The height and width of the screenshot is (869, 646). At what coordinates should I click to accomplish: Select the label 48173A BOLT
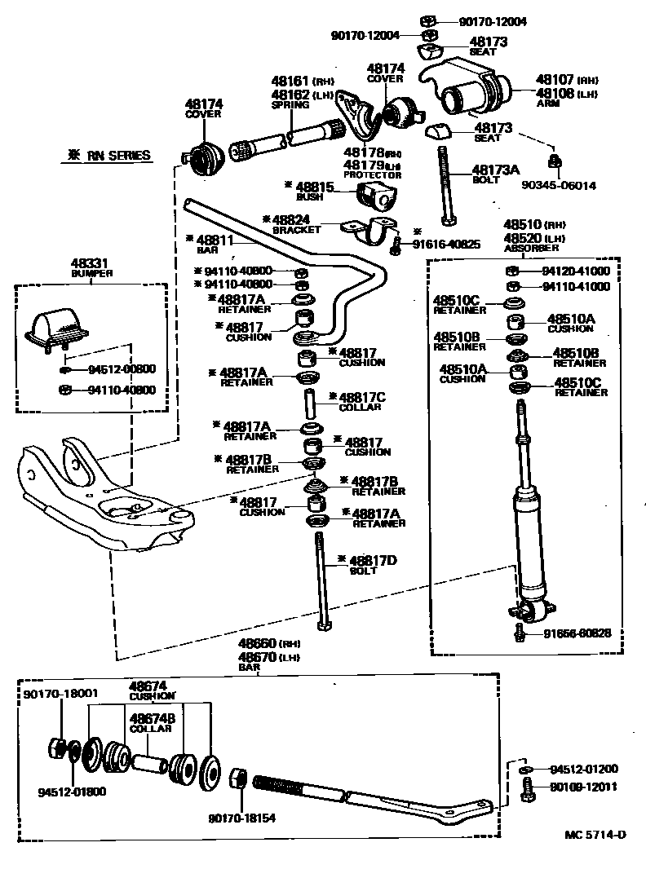pos(496,174)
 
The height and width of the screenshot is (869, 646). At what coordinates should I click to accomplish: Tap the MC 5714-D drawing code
pos(596,834)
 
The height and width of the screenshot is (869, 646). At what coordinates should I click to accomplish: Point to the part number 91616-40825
pos(445,244)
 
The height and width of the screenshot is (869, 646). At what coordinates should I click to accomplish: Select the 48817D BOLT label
pos(372,564)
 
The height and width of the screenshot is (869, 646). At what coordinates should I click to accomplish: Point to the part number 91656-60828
pos(576,633)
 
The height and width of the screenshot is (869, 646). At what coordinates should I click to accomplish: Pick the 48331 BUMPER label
pos(91,268)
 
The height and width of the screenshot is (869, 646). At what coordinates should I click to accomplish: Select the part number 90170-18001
pos(60,693)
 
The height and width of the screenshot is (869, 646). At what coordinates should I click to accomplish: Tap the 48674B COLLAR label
pos(149,722)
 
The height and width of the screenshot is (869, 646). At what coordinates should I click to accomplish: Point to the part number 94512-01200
pos(583,769)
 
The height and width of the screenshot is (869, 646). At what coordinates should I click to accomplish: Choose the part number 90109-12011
pos(583,787)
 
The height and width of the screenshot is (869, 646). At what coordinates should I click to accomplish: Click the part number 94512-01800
pos(72,791)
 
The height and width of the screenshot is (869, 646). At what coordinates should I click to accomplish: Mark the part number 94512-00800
pos(122,368)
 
